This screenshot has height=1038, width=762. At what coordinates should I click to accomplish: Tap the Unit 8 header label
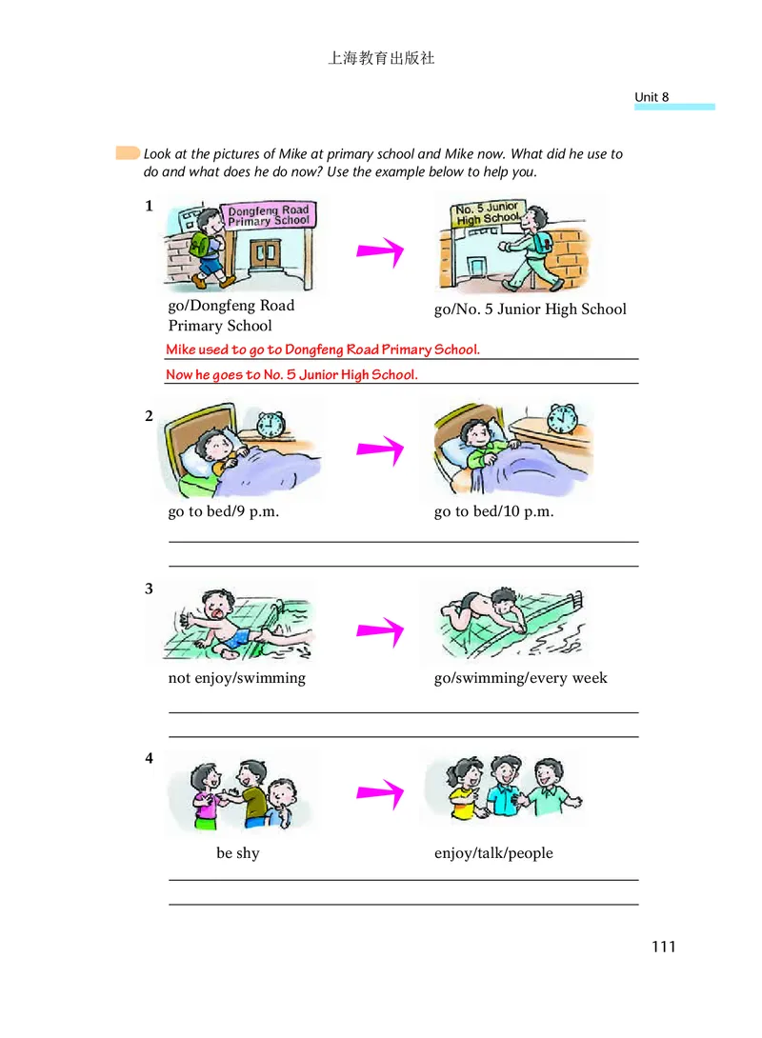pos(652,97)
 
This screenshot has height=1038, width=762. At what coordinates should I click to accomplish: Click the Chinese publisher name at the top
pos(381,58)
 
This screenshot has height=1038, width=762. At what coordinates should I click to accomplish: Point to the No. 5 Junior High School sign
pos(487,212)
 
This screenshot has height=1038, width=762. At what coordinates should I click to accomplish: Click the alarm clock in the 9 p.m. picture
pos(272,424)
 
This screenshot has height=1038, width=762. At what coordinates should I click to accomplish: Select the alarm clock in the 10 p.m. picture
pos(562,417)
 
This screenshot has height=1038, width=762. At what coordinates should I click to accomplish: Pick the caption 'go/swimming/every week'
pos(520,678)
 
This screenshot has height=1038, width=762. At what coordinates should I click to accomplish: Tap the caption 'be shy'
pos(237,853)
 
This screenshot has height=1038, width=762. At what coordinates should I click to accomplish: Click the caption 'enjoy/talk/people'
pos(493,853)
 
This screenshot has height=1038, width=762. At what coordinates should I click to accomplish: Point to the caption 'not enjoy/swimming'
pos(237,678)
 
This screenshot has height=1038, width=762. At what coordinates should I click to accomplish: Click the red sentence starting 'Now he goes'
pos(291,374)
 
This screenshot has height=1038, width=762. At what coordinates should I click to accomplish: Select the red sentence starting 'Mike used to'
pos(323,349)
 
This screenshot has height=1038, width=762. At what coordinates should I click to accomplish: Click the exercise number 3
pos(149,589)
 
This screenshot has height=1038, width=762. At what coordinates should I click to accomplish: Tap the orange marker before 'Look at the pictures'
pos(127,153)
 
